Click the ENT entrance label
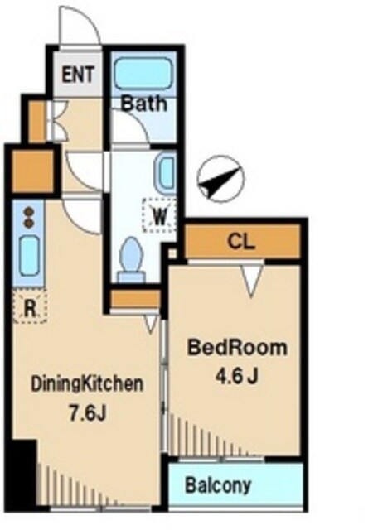click(78, 74)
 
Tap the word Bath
click(144, 104)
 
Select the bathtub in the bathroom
click(143, 74)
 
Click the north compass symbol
click(220, 178)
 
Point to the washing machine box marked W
click(159, 215)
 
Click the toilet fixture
click(131, 259)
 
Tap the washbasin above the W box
click(165, 174)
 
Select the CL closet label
click(241, 241)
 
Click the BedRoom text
click(237, 348)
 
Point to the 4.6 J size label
click(237, 375)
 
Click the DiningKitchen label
click(87, 384)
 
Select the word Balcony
click(218, 485)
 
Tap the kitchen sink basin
click(29, 256)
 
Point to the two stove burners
click(29, 218)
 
